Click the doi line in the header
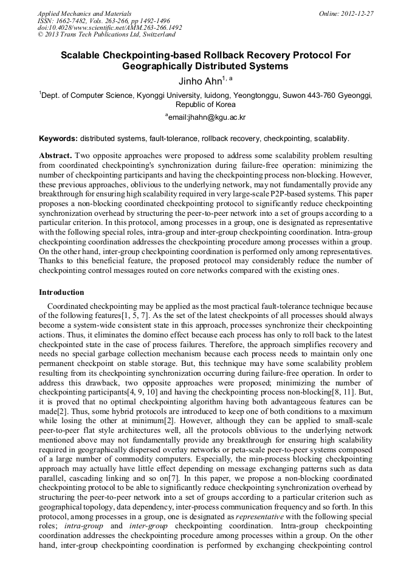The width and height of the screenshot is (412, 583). coord(109,27)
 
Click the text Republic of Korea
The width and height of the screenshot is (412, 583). coord(205,105)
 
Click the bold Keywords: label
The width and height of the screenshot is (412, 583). coord(58,138)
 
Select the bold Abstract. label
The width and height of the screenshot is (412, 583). coord(56,156)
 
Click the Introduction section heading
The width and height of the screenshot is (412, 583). coord(61,292)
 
